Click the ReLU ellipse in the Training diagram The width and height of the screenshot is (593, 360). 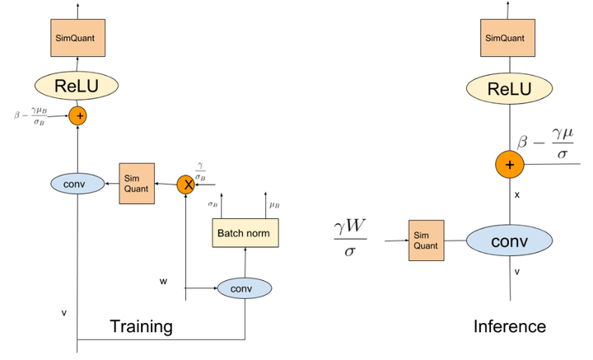(x=77, y=86)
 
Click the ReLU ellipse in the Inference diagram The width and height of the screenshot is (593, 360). (x=509, y=88)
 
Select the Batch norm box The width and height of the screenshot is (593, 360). (x=245, y=233)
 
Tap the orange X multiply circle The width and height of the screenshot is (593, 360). (x=185, y=185)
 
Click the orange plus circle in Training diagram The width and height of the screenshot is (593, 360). (x=78, y=115)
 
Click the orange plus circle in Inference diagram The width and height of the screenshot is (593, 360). (x=510, y=165)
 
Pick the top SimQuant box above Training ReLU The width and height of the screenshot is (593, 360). (x=78, y=38)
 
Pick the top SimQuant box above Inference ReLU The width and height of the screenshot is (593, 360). (x=507, y=38)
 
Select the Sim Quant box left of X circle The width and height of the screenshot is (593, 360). (x=137, y=184)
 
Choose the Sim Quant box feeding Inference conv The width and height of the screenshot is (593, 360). (x=427, y=241)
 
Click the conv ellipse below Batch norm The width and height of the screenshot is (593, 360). (x=245, y=288)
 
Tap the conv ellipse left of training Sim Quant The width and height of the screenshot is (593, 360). (x=77, y=184)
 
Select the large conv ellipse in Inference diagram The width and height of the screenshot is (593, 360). (x=510, y=241)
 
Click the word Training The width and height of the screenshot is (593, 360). (x=141, y=326)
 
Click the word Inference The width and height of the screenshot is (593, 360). (x=510, y=326)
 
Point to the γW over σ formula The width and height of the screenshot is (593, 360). (x=350, y=238)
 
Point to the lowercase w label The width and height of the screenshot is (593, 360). (x=163, y=282)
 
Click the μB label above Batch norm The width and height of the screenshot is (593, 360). (x=274, y=205)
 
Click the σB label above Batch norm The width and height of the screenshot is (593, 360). (x=212, y=204)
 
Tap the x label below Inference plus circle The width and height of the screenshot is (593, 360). (x=517, y=195)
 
